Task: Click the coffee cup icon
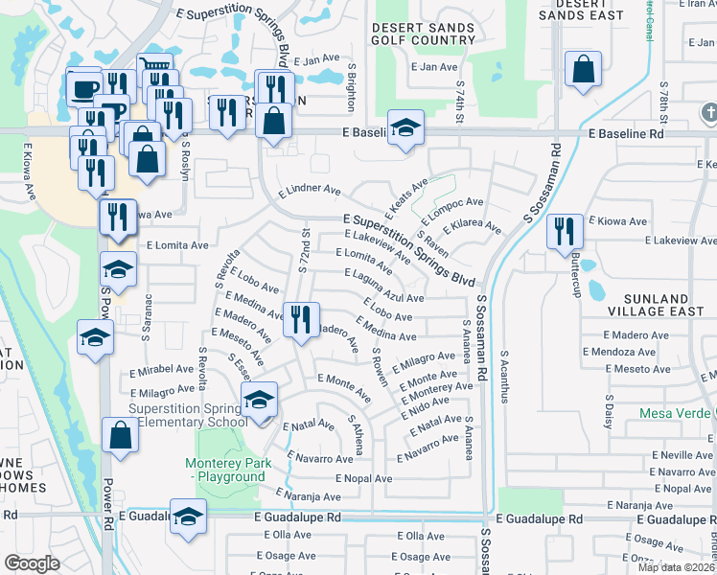pyautogui.click(x=83, y=89)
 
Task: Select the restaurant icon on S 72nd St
pyautogui.click(x=301, y=319)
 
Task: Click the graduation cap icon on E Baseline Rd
pyautogui.click(x=405, y=128)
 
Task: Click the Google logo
pyautogui.click(x=31, y=563)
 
